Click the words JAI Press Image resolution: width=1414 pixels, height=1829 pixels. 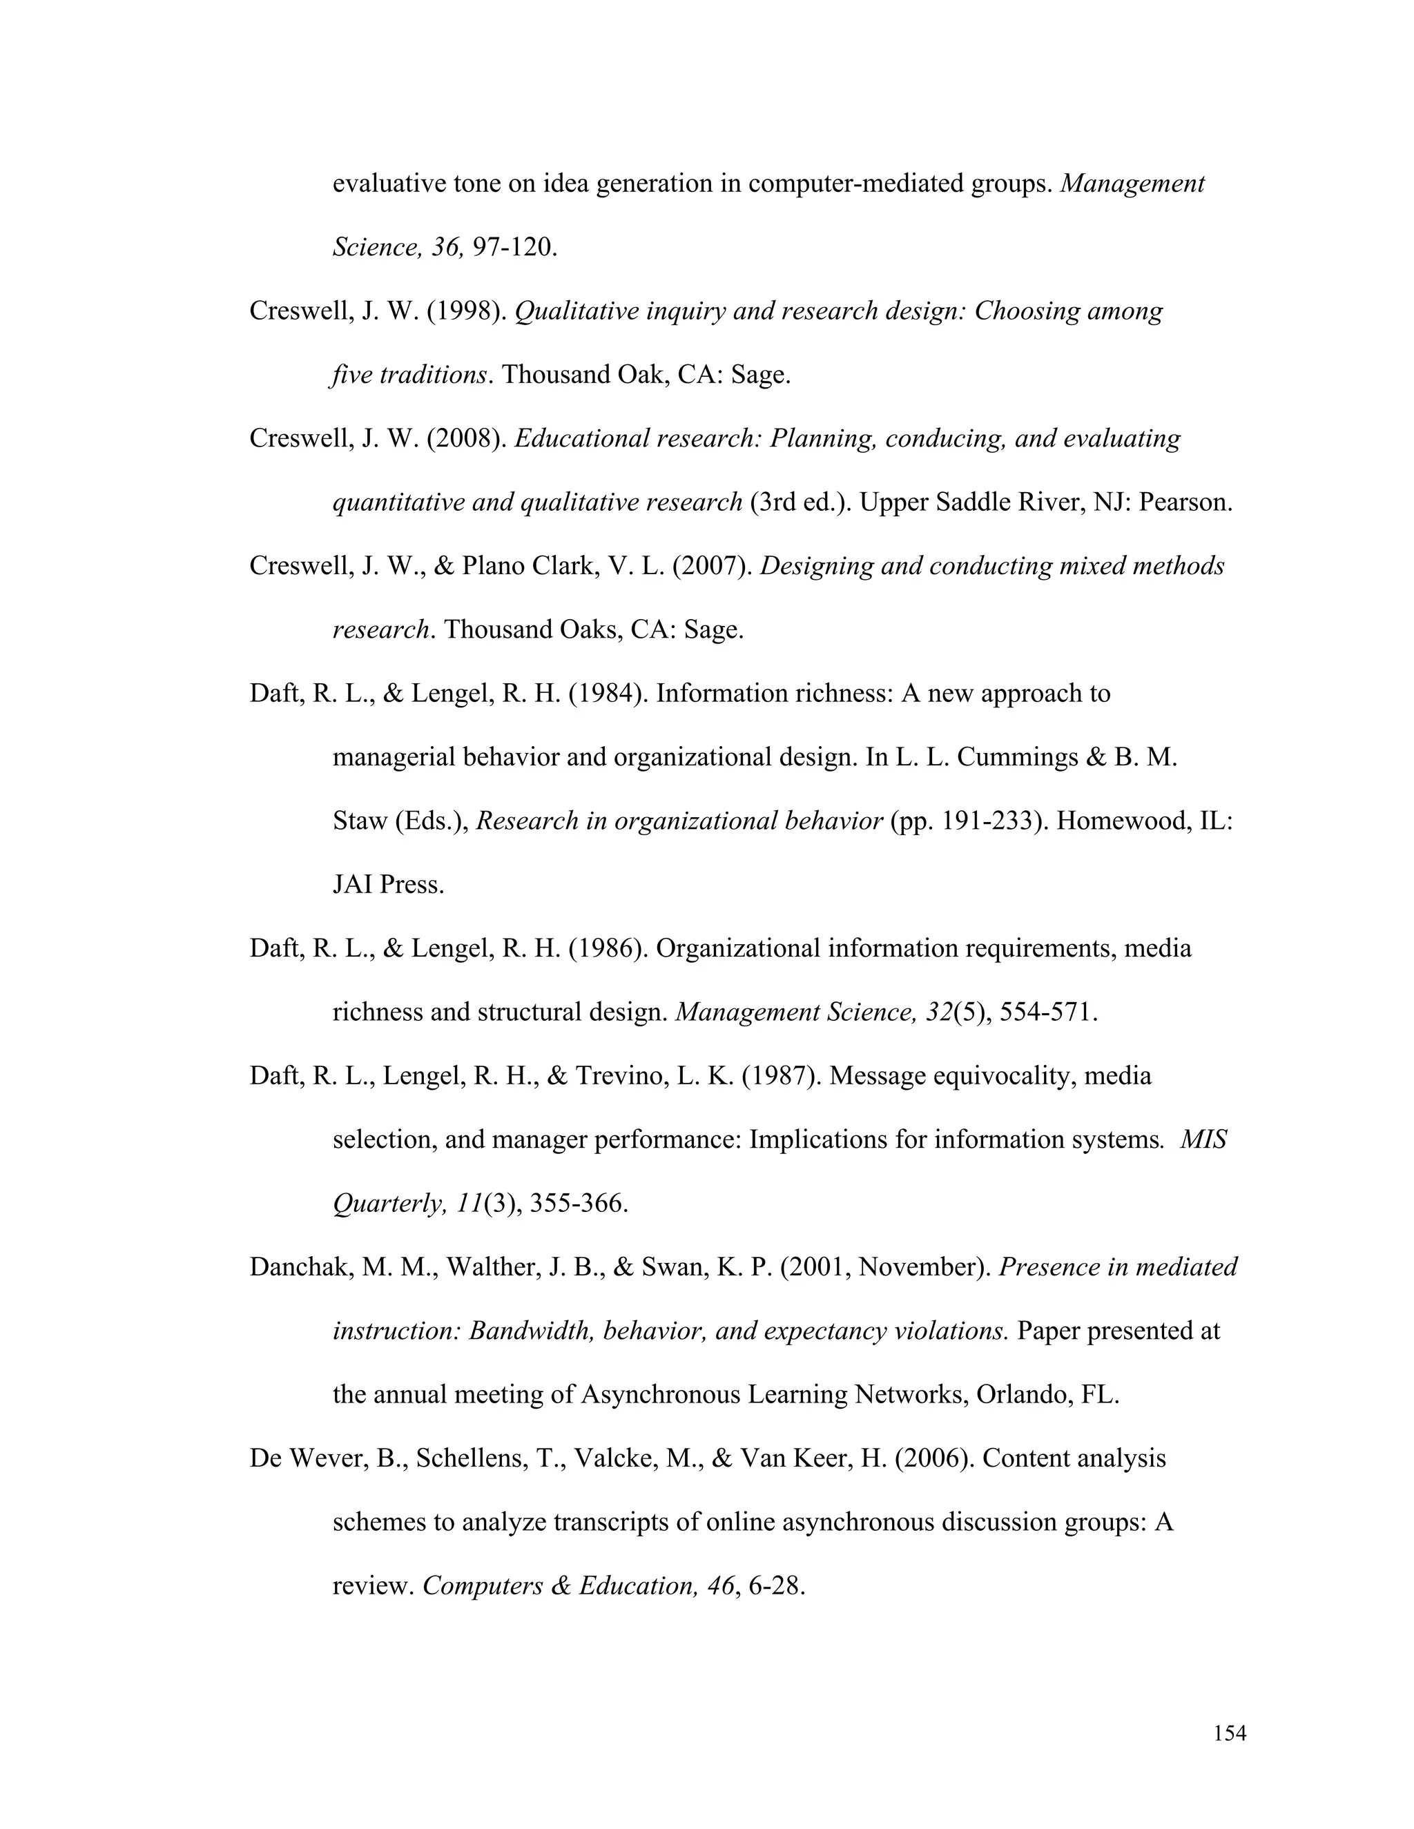[388, 886]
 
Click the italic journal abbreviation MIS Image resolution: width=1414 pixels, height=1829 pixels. [1203, 1140]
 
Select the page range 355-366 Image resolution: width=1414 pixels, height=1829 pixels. [578, 1204]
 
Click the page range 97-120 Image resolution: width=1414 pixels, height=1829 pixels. [514, 248]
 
